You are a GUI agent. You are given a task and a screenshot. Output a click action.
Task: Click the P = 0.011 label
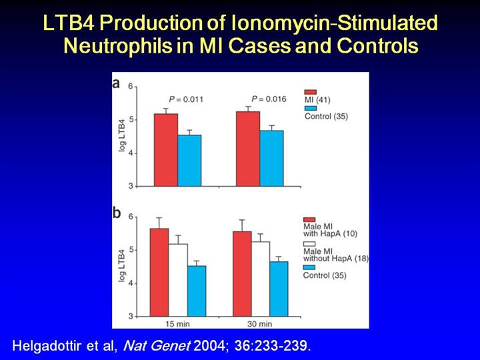point(185,99)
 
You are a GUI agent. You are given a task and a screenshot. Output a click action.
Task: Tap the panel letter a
point(117,85)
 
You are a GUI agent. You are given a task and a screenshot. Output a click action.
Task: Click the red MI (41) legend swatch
point(309,92)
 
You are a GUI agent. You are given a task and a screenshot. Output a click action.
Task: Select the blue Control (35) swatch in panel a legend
point(309,108)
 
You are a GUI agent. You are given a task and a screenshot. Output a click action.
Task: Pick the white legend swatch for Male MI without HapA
point(309,244)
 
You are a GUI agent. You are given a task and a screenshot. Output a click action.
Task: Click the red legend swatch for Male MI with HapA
point(309,219)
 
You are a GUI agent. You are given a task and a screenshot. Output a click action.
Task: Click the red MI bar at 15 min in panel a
point(166,150)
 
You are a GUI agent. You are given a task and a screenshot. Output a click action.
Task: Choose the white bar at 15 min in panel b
point(177,280)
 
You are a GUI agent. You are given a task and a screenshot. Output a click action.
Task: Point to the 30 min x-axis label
point(260,323)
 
